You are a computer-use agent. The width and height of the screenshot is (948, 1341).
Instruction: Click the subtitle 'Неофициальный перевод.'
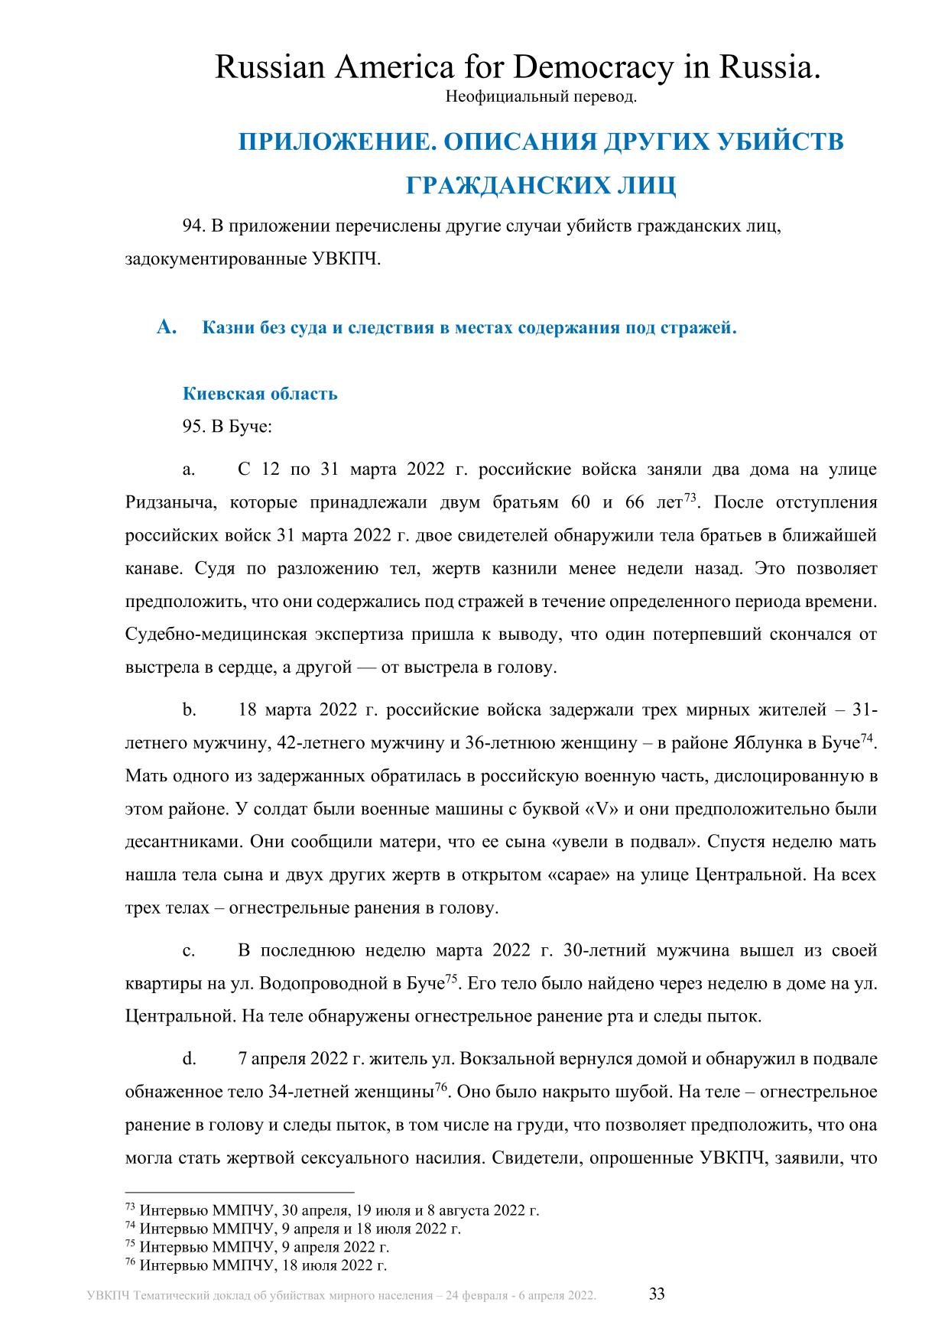pos(541,97)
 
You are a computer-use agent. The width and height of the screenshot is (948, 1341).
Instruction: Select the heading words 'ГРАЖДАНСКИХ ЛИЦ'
pos(541,186)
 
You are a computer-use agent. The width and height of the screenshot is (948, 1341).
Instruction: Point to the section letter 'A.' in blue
pos(167,328)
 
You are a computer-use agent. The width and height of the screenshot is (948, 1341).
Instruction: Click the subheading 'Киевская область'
pos(260,394)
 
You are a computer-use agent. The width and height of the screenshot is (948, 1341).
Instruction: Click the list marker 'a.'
pos(189,469)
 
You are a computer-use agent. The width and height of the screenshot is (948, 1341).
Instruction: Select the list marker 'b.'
pos(189,710)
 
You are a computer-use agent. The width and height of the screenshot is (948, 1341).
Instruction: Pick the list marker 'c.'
pos(189,950)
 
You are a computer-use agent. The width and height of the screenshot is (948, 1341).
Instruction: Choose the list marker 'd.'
pos(189,1059)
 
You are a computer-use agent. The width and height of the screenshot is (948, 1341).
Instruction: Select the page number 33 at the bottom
pos(657,1294)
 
